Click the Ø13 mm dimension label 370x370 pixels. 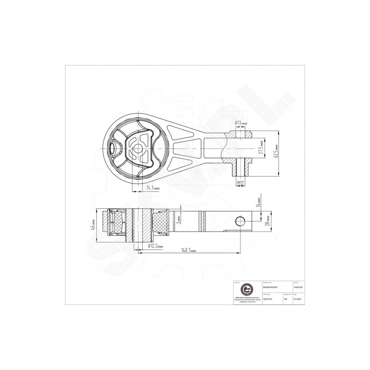[x=241, y=123]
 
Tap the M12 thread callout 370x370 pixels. [x=240, y=182]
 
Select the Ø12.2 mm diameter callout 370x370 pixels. [x=155, y=246]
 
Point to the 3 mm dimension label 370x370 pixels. [x=180, y=217]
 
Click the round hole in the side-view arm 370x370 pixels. [x=242, y=220]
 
